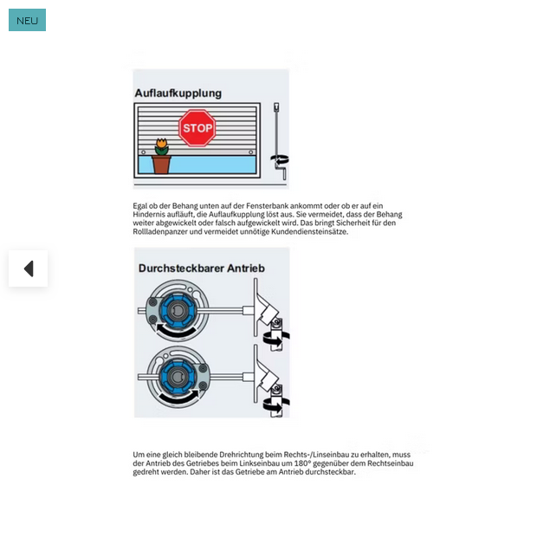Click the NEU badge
(x=27, y=20)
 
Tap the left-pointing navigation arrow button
(x=28, y=268)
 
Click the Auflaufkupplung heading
(x=178, y=94)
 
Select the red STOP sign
(x=197, y=127)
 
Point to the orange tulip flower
(x=162, y=143)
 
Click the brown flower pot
(x=161, y=165)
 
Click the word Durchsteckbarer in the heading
(x=181, y=268)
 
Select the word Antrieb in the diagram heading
(x=246, y=268)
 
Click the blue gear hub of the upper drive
(x=178, y=310)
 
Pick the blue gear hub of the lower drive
(x=178, y=377)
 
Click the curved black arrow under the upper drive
(x=176, y=330)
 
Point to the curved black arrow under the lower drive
(x=180, y=397)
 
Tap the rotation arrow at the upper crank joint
(x=275, y=339)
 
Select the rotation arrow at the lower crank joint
(x=275, y=405)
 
